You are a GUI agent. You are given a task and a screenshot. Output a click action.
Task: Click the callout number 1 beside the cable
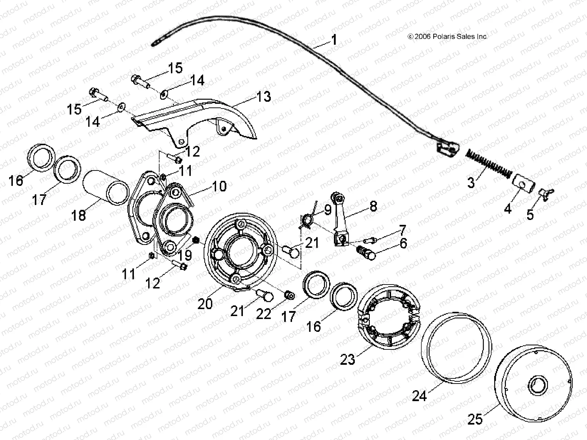click(333, 39)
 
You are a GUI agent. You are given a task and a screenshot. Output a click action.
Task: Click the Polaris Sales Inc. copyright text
click(448, 37)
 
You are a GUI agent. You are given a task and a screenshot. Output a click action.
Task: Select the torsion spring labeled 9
click(307, 221)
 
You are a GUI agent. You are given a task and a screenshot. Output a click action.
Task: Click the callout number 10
click(219, 186)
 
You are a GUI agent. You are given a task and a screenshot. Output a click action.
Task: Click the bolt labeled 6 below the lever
click(365, 253)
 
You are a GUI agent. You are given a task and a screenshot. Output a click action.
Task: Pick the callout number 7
click(402, 231)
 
